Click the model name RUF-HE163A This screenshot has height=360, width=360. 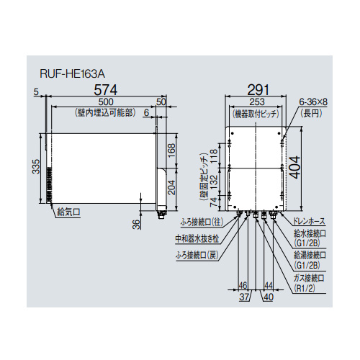point(73,74)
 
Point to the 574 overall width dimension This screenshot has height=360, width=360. point(106,90)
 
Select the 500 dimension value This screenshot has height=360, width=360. point(106,102)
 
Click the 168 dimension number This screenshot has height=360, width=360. point(171,150)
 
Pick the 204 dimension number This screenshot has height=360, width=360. point(171,187)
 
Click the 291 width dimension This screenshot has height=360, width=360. point(258,90)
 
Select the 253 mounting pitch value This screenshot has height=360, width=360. point(257,102)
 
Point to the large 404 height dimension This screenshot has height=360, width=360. point(295,167)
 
